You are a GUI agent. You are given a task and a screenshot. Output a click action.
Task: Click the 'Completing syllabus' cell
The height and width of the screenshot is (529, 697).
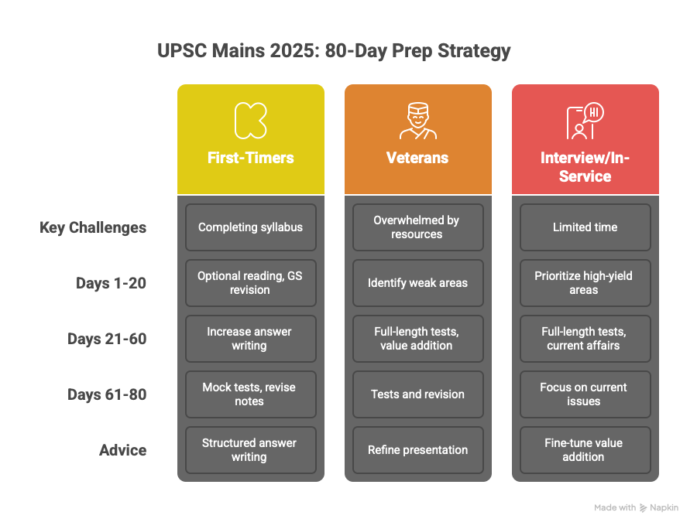pyautogui.click(x=251, y=227)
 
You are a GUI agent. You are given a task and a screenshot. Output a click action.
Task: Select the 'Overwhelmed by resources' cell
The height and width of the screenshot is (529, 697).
pyautogui.click(x=418, y=227)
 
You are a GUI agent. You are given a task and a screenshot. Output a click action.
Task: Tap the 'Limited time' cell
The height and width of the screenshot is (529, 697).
pyautogui.click(x=585, y=227)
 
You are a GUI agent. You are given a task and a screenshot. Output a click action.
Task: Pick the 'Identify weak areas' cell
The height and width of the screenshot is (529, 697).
pyautogui.click(x=418, y=283)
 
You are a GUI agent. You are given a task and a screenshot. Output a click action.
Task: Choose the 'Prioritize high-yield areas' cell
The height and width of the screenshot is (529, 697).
pyautogui.click(x=585, y=283)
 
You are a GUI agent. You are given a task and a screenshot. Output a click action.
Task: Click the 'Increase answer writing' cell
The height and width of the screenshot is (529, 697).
pyautogui.click(x=251, y=339)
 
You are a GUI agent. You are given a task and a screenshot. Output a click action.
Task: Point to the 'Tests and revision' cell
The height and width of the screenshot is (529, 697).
pyautogui.click(x=418, y=394)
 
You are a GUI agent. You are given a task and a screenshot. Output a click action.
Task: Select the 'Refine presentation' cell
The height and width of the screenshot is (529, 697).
pyautogui.click(x=418, y=450)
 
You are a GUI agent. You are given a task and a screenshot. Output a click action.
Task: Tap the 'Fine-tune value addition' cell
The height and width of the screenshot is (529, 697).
pyautogui.click(x=585, y=450)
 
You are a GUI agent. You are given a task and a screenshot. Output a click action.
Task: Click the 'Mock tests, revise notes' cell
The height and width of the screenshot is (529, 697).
pyautogui.click(x=251, y=394)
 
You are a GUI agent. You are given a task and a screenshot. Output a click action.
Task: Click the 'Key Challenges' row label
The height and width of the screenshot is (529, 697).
pyautogui.click(x=93, y=227)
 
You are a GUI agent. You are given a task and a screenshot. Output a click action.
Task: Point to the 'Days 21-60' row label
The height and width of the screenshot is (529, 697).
pyautogui.click(x=107, y=339)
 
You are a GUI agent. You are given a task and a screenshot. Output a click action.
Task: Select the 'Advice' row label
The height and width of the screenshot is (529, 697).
pyautogui.click(x=123, y=450)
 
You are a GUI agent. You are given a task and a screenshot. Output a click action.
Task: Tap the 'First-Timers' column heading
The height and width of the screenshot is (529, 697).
pyautogui.click(x=251, y=158)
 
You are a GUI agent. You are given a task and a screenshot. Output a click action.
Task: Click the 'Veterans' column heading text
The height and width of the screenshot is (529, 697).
pyautogui.click(x=417, y=158)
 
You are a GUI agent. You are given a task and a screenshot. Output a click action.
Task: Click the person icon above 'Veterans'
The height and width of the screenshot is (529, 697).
pyautogui.click(x=418, y=121)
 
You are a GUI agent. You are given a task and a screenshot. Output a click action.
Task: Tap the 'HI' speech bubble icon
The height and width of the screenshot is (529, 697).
pyautogui.click(x=594, y=113)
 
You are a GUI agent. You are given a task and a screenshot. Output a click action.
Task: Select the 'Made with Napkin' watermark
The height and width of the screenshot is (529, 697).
pyautogui.click(x=636, y=507)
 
